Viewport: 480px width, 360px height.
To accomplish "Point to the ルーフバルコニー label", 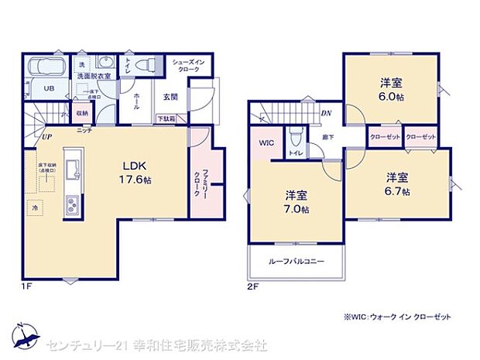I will (x=295, y=262).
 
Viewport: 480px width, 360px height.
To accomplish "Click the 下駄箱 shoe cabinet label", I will (x=166, y=118).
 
